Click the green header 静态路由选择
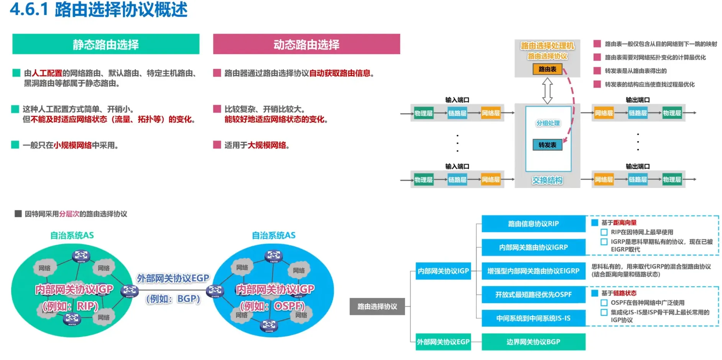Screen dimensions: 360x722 point(106,44)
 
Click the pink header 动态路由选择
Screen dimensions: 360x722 point(306,44)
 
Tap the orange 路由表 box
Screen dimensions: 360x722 point(547,69)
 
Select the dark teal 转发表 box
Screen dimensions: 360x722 point(547,145)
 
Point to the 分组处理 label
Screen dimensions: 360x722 point(548,123)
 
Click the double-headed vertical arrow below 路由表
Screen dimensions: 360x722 point(548,91)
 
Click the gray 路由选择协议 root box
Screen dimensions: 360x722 point(377,306)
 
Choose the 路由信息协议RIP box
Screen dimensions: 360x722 point(533,224)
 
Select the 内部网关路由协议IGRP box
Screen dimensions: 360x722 point(533,247)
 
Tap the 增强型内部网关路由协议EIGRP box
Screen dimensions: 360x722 point(533,271)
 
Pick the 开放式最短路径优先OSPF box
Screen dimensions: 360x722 point(533,295)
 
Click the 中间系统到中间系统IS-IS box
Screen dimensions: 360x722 point(533,318)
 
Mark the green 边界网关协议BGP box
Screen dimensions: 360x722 point(533,342)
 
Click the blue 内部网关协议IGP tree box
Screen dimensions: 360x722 point(443,271)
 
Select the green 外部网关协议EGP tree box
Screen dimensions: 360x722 point(443,342)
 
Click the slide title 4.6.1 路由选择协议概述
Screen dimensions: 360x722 point(98,10)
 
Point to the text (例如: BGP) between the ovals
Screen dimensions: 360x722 point(173,299)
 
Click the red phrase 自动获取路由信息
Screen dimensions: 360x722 point(340,73)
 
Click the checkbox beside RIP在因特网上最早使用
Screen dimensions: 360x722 point(604,232)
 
